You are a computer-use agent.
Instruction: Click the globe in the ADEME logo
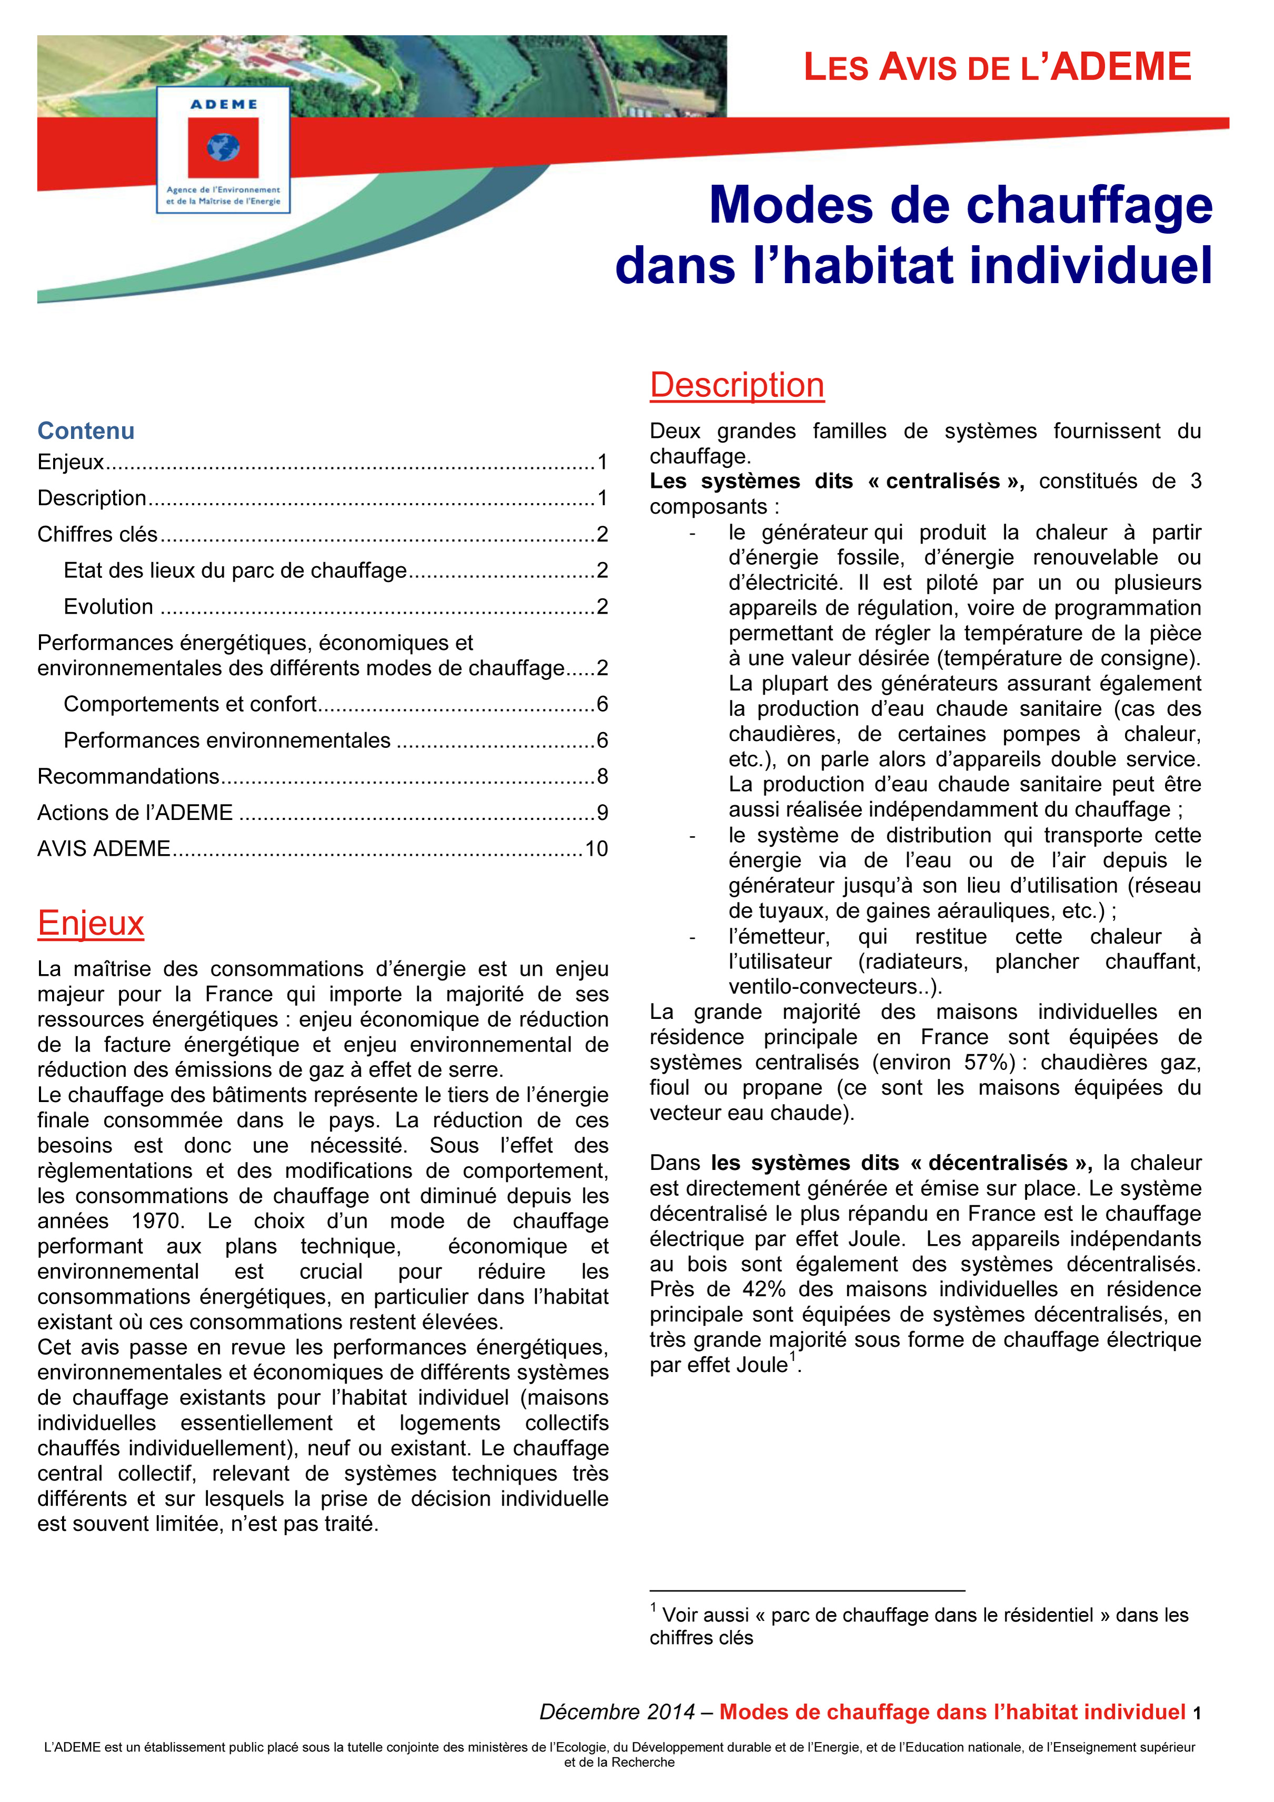223,147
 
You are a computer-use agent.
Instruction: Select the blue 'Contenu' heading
86,431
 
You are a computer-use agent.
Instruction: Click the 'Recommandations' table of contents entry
128,776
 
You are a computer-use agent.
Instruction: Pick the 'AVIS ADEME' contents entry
104,848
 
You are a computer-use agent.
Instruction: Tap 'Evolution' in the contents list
108,607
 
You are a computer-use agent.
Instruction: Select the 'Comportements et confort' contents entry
190,704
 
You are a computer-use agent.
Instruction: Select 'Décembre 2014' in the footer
617,1712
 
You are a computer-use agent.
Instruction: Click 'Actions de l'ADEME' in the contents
135,812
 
